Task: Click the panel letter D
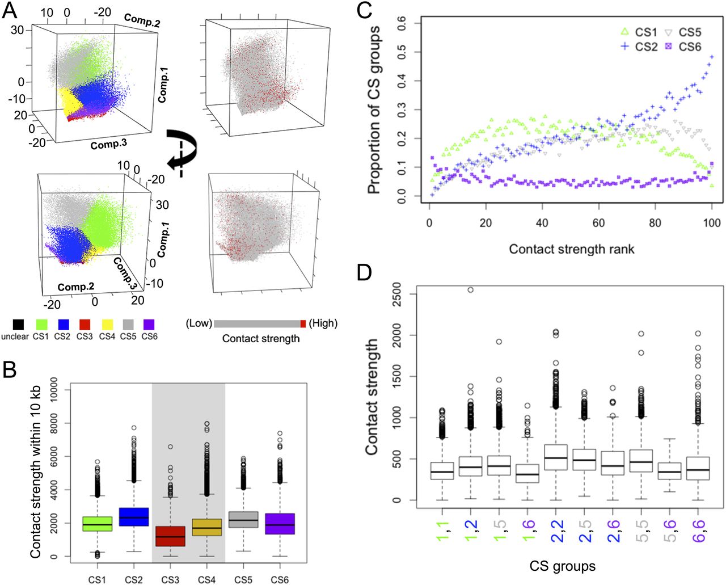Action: pyautogui.click(x=364, y=272)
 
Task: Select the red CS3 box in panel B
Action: pyautogui.click(x=170, y=536)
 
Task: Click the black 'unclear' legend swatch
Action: pyautogui.click(x=18, y=325)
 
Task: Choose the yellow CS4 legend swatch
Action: pyautogui.click(x=107, y=325)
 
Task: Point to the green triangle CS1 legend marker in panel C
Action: pyautogui.click(x=624, y=32)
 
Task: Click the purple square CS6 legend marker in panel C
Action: pyautogui.click(x=668, y=47)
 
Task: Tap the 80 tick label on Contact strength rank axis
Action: pyautogui.click(x=655, y=223)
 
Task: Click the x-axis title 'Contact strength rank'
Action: pyautogui.click(x=571, y=249)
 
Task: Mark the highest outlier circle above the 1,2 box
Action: pyautogui.click(x=470, y=290)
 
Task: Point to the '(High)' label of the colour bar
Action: pyautogui.click(x=323, y=323)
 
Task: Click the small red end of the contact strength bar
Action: pyautogui.click(x=303, y=323)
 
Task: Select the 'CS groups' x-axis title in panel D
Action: pyautogui.click(x=562, y=566)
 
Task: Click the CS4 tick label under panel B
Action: pyautogui.click(x=206, y=580)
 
